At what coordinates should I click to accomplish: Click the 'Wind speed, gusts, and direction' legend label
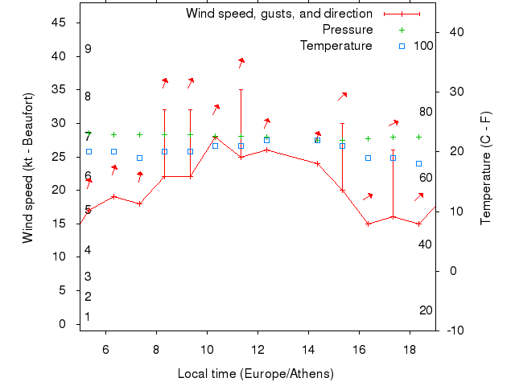pos(278,14)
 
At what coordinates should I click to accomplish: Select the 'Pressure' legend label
pos(348,30)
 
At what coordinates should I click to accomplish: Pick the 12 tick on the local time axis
pos(257,348)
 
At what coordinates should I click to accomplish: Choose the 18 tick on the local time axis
pos(410,348)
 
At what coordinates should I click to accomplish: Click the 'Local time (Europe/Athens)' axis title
pos(255,374)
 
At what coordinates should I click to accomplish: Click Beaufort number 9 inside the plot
pos(88,49)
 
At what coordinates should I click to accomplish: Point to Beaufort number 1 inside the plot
pos(88,317)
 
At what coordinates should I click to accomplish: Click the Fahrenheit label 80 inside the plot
pos(426,112)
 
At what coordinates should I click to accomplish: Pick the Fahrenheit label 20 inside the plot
pos(426,310)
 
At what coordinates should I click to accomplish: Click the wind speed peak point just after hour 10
pos(215,137)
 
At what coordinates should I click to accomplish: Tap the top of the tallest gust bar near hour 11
pos(241,89)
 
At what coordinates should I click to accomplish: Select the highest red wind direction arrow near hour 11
pos(241,62)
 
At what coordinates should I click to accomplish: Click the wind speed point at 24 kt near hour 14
pos(317,163)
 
